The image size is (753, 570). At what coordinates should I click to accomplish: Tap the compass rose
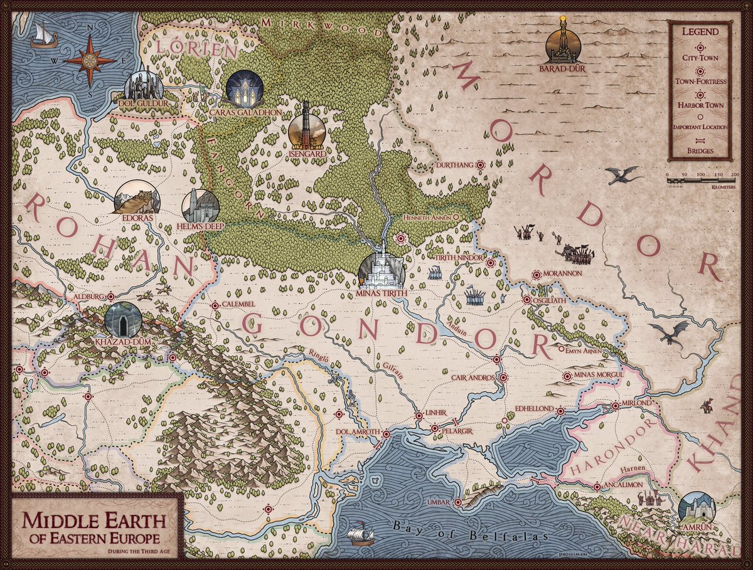tap(90, 60)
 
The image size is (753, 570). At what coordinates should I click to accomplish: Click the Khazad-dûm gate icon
tap(123, 320)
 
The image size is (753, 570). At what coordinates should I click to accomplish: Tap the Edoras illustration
tap(137, 198)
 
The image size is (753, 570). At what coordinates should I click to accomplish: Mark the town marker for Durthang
tap(481, 165)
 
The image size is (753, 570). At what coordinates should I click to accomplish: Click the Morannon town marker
tap(537, 275)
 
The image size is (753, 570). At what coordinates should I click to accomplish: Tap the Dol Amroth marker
tap(387, 434)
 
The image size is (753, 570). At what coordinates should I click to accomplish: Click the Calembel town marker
tap(215, 305)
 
